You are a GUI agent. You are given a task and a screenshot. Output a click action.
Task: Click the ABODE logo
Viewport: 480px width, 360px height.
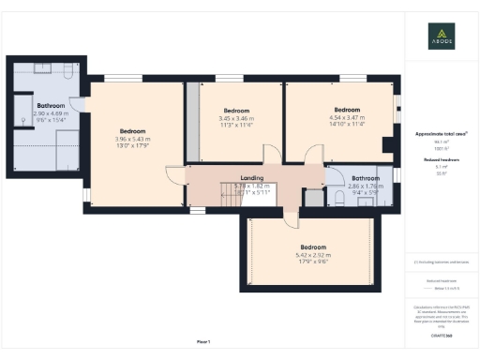[x=441, y=37]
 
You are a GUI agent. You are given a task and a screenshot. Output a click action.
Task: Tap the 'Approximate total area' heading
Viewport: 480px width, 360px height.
[x=441, y=134]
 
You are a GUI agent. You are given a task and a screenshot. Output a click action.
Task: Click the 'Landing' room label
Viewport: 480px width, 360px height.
[x=251, y=178]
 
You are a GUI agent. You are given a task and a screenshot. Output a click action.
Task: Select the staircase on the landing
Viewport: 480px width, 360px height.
[x=231, y=195]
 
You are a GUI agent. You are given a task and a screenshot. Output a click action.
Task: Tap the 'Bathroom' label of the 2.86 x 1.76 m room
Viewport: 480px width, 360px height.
[x=366, y=178]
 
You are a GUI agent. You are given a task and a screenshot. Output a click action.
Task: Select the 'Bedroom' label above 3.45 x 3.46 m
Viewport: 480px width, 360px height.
[x=236, y=111]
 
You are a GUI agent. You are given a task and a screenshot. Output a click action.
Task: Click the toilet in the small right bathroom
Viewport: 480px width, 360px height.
[x=341, y=198]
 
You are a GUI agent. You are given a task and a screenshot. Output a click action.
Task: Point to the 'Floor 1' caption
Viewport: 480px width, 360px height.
[x=203, y=341]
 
